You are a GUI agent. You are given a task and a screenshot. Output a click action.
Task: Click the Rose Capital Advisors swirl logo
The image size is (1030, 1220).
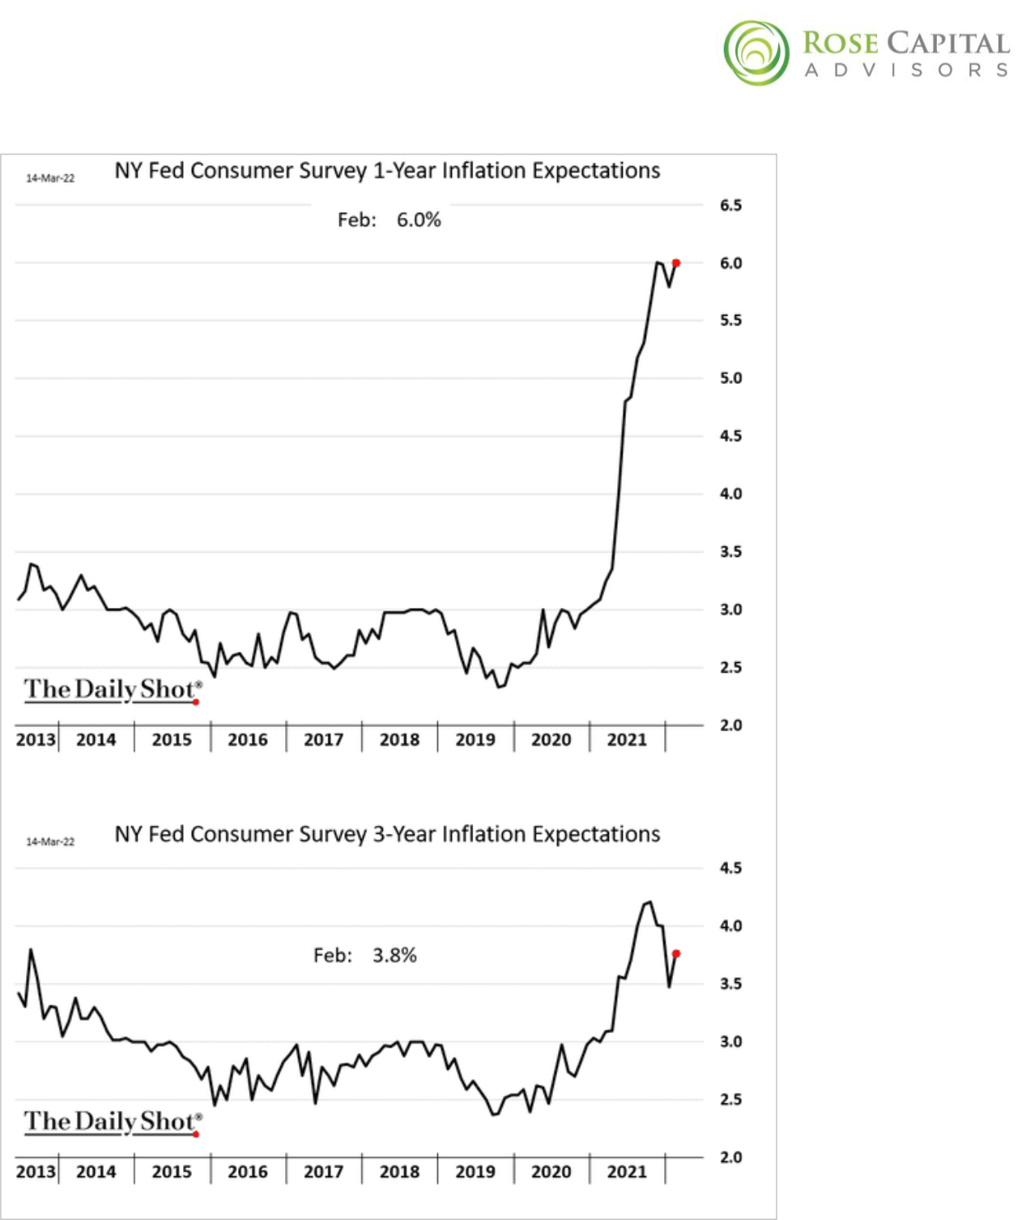(x=755, y=53)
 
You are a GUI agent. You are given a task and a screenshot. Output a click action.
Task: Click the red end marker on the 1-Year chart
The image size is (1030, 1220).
(x=676, y=263)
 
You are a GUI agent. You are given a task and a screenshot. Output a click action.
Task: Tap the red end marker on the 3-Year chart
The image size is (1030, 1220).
(x=676, y=954)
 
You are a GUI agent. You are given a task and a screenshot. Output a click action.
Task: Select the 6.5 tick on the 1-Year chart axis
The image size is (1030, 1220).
(x=730, y=206)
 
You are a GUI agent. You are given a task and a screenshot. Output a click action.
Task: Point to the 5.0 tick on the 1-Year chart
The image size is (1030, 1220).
(x=730, y=378)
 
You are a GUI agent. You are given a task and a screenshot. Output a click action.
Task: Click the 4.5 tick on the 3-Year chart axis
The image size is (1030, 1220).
(x=730, y=868)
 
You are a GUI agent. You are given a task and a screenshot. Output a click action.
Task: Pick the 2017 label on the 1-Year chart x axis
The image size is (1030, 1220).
(x=323, y=739)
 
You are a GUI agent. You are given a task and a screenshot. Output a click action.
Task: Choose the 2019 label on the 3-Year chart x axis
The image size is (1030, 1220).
(x=475, y=1171)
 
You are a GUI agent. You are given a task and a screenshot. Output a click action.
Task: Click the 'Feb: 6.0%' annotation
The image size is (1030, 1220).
(x=389, y=220)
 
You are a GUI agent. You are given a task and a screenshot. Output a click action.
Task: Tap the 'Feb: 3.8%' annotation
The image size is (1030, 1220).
(x=365, y=955)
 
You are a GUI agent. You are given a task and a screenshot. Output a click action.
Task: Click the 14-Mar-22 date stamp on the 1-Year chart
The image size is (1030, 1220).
(x=50, y=178)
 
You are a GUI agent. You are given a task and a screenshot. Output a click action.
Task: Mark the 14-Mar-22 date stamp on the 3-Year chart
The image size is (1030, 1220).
(x=50, y=842)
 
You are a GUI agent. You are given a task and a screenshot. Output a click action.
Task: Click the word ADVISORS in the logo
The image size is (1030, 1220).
(x=906, y=70)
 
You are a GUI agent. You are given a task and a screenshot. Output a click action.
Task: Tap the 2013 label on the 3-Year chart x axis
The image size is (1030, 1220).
(x=36, y=1171)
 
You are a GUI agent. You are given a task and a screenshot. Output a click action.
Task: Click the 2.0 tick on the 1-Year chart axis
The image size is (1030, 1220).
(x=730, y=725)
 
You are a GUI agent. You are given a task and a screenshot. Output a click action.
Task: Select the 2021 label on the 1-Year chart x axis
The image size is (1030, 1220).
(x=627, y=739)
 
